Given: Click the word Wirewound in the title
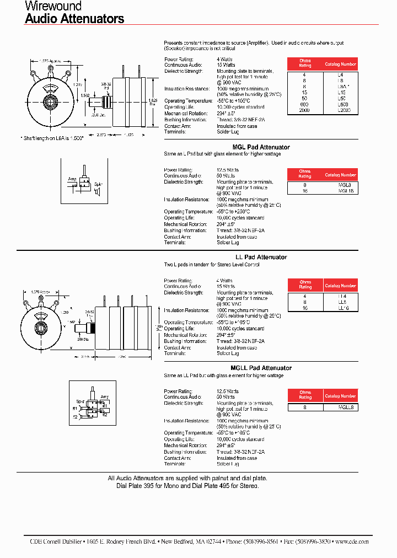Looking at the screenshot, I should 53,7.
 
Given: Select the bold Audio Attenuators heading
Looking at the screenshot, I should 74,19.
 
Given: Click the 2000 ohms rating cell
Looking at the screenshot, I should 305,110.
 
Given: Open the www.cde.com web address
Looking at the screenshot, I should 352,541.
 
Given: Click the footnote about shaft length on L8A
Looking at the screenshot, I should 52,138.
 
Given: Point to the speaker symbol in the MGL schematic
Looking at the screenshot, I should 96,191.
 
